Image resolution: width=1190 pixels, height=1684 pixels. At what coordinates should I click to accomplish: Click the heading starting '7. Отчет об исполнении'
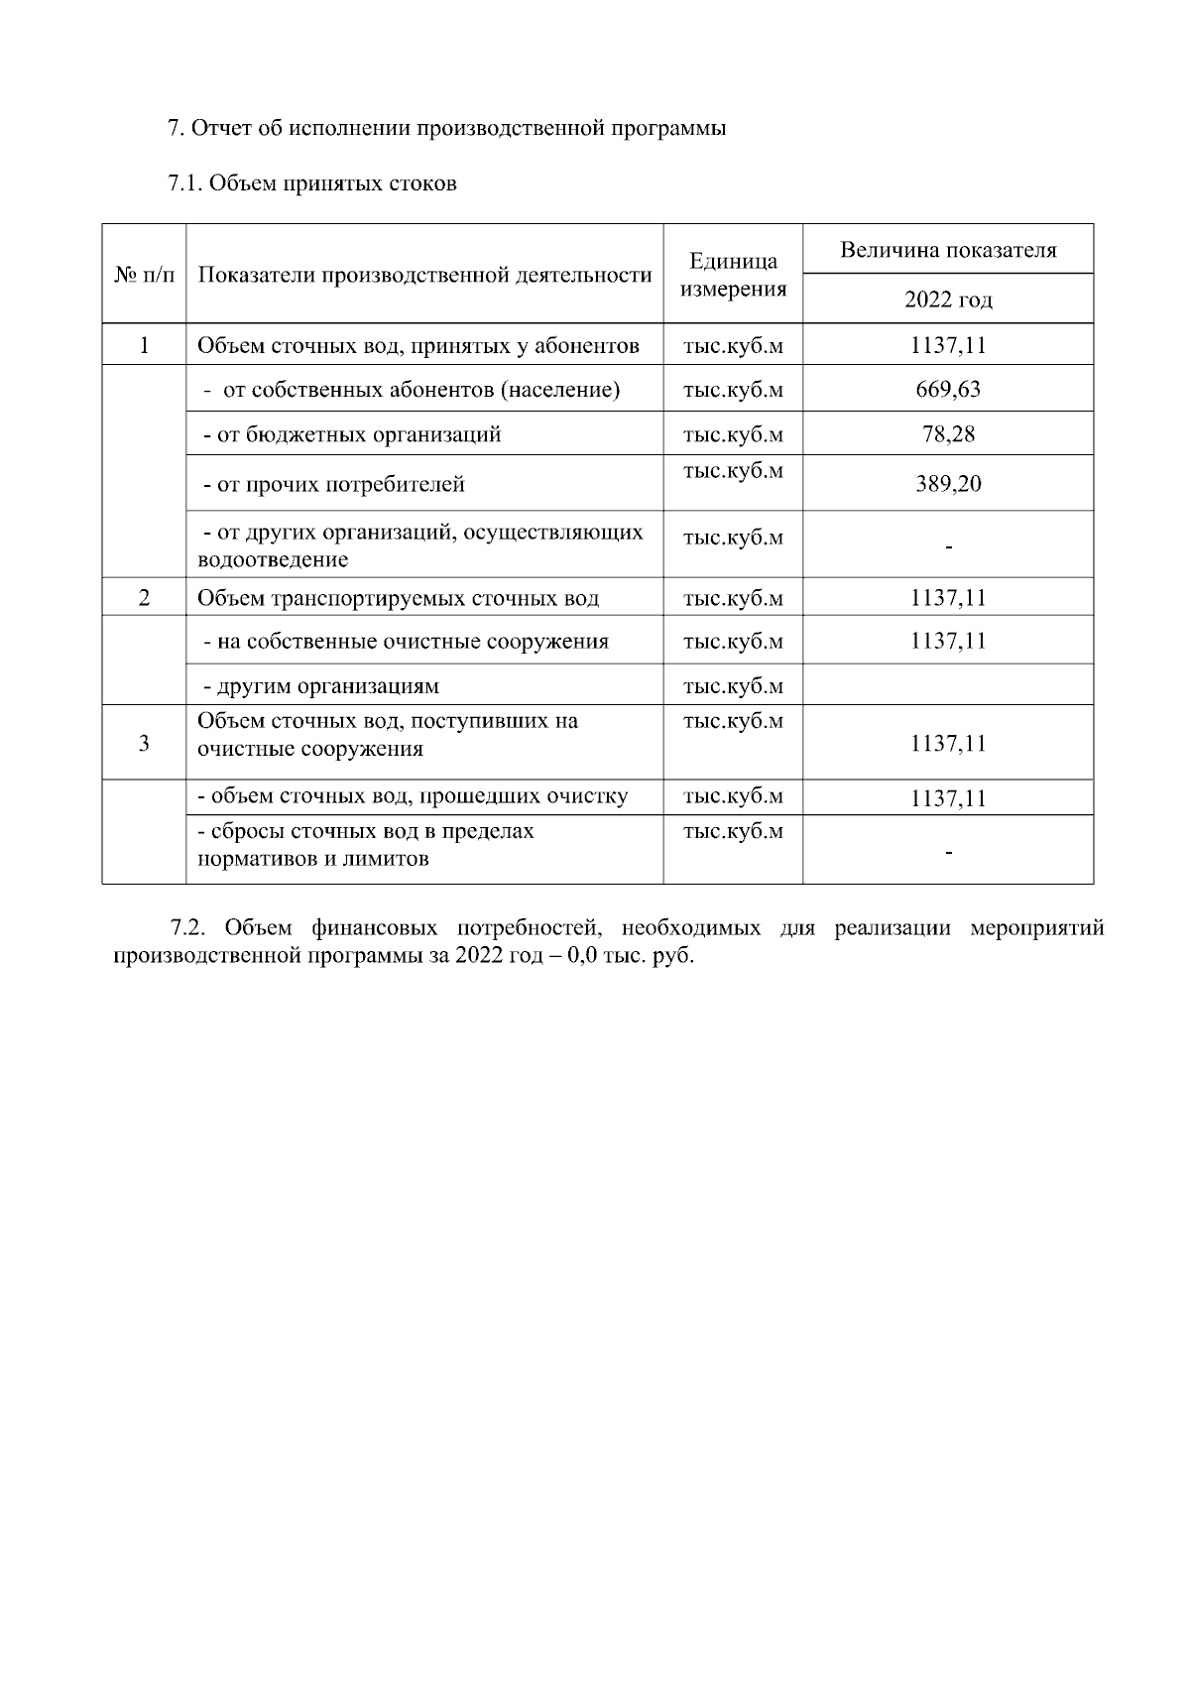coord(446,129)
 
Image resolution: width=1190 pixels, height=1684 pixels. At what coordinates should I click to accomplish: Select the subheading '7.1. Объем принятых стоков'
coord(312,183)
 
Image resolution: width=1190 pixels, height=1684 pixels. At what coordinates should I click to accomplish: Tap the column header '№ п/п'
coord(144,275)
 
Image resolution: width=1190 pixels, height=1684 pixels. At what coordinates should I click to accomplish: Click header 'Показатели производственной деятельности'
coord(424,275)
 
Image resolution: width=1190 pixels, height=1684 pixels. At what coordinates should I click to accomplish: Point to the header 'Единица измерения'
coord(733,275)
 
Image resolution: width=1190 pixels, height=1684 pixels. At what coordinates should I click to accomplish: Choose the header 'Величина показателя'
coord(948,250)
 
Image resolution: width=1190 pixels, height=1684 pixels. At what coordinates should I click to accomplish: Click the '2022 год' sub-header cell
coord(948,300)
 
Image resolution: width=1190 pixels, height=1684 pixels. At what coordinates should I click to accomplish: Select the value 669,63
coord(948,389)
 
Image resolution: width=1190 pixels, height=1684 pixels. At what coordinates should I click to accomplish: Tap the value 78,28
coord(948,433)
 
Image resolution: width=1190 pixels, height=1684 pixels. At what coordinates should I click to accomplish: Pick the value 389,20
coord(948,484)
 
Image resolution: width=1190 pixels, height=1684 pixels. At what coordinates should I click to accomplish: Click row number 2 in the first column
coord(144,598)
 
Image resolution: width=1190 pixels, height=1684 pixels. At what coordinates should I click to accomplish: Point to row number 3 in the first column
coord(144,743)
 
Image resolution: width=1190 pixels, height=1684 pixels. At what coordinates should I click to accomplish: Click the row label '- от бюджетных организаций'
coord(352,434)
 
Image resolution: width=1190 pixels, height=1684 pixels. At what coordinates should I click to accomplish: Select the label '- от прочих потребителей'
coord(334,485)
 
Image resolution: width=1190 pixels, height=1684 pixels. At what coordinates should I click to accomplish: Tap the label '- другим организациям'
coord(321,686)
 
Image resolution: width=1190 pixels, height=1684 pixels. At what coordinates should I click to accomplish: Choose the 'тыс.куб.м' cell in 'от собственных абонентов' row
coord(733,390)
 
